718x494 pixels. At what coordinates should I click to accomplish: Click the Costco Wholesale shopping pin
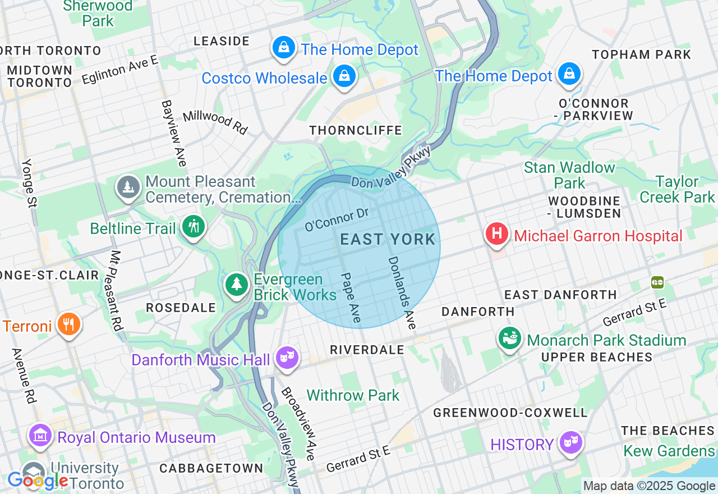[344, 76]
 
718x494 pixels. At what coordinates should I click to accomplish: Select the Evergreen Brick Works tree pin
[237, 285]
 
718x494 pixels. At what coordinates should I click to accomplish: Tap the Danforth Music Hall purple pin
[287, 358]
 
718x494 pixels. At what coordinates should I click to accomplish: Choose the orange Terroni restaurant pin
[69, 324]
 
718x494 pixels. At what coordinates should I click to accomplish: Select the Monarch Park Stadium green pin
[510, 339]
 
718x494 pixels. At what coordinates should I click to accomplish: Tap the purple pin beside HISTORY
[570, 443]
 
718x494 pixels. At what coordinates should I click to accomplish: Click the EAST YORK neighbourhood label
[388, 240]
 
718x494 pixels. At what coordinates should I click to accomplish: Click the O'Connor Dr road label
[337, 219]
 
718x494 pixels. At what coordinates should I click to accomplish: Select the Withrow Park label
[353, 395]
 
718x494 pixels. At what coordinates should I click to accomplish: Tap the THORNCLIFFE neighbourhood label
[356, 130]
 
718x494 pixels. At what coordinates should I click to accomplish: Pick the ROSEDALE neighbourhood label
[181, 308]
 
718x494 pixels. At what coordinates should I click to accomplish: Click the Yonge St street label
[29, 183]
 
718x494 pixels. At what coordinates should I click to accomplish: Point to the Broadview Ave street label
[298, 423]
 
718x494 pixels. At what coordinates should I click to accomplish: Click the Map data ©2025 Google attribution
[649, 486]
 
